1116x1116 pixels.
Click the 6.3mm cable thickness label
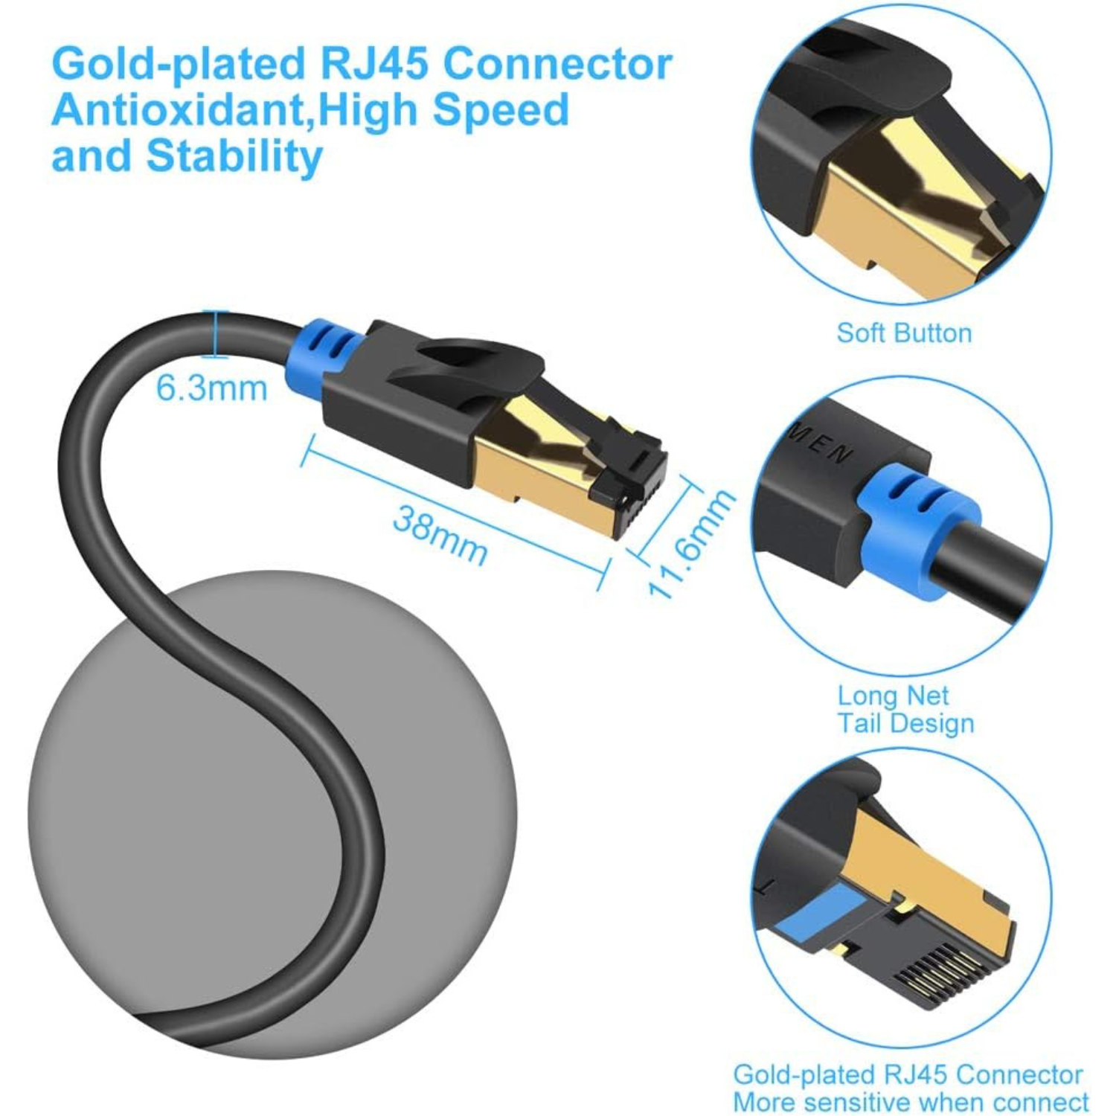(x=211, y=388)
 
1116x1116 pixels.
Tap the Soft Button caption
(x=904, y=333)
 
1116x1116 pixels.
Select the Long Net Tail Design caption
(x=904, y=709)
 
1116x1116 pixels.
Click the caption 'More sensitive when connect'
(x=911, y=1101)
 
